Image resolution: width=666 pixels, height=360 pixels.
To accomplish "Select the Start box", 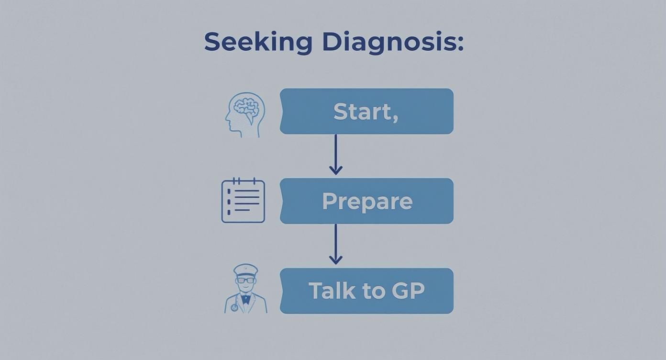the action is [x=366, y=111].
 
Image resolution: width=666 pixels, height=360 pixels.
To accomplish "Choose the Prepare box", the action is [x=366, y=201].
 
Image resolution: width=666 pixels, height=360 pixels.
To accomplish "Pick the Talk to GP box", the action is [x=366, y=291].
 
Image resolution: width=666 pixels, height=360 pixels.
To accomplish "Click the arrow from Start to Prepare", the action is [x=335, y=153].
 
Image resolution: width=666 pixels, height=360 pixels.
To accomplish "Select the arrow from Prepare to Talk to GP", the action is [x=335, y=243].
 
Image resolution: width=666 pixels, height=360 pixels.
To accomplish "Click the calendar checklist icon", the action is [x=243, y=201].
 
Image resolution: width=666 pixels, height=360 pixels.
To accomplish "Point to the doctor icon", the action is [x=245, y=289].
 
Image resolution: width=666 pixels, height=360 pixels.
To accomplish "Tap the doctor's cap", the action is [x=245, y=270].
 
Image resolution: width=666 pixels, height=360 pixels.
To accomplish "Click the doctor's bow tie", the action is [x=246, y=299].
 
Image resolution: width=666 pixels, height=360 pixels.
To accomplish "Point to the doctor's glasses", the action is [x=245, y=281].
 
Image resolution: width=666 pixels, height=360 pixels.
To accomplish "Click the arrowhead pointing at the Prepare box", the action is [x=335, y=169].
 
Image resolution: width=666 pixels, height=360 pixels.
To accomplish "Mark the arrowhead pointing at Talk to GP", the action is [x=335, y=259].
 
